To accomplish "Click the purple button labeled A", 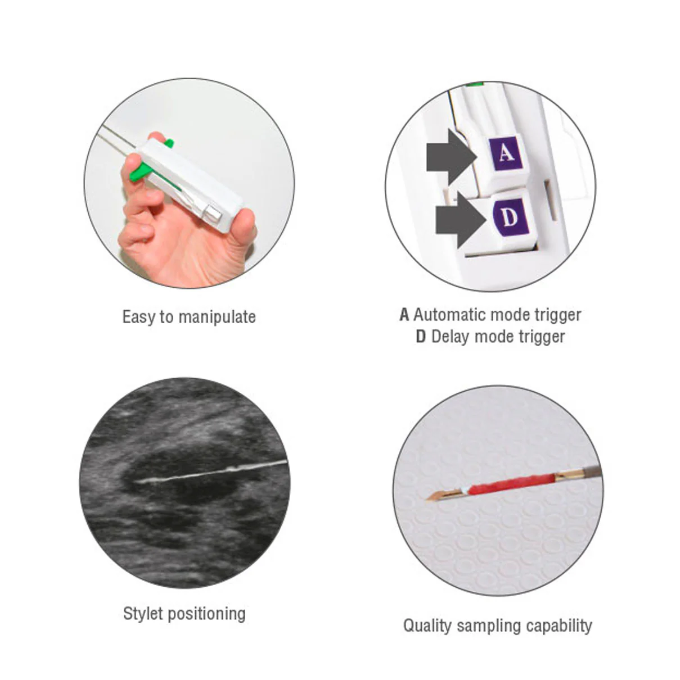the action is click(505, 153).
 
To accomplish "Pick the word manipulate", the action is click(217, 317).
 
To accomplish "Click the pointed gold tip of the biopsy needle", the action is click(427, 499).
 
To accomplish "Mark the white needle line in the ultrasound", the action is click(210, 471).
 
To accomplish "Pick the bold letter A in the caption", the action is click(404, 315).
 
